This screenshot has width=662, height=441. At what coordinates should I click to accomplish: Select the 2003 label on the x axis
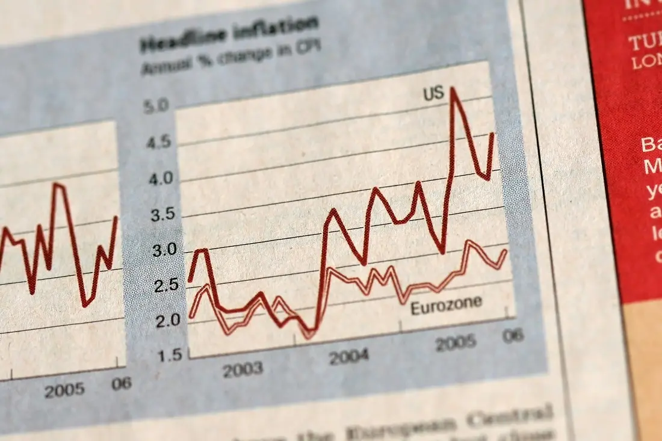[243, 368]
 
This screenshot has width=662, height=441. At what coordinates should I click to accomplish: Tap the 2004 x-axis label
[348, 356]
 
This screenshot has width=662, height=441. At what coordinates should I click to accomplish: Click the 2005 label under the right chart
[456, 344]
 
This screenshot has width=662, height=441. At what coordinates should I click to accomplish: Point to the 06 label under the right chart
[513, 335]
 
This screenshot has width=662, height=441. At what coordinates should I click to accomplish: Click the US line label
[433, 93]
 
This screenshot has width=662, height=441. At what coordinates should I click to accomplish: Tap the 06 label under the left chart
[121, 383]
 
